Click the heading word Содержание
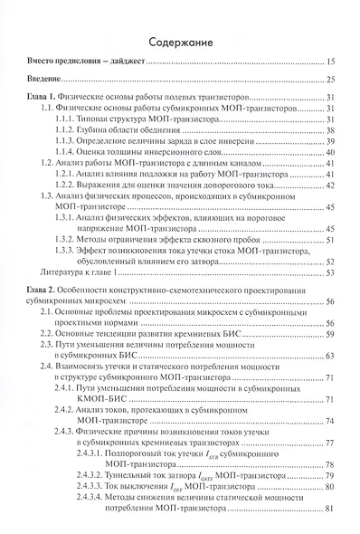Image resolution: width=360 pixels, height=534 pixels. [x=180, y=42]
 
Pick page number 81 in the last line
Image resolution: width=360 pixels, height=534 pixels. [x=330, y=509]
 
